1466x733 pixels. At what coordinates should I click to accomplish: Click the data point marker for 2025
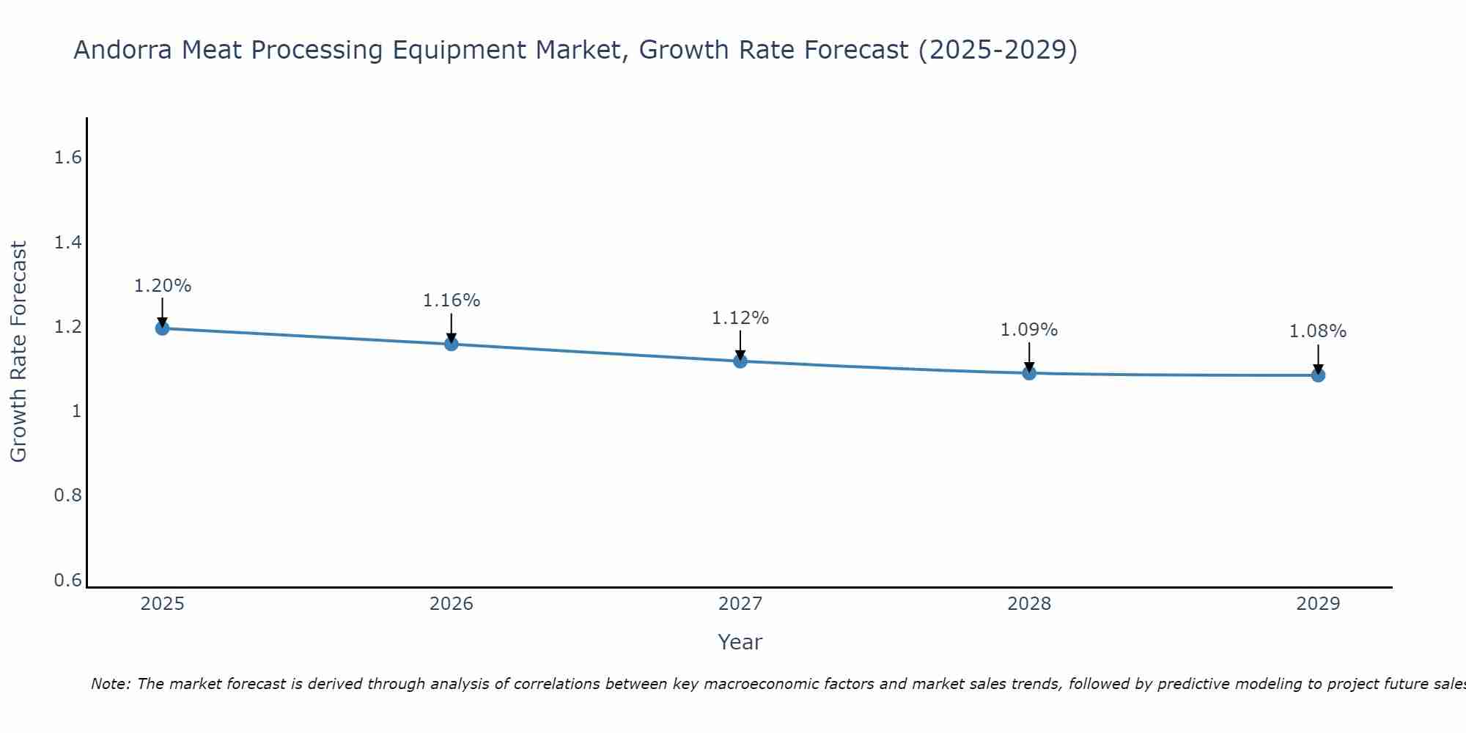coord(162,328)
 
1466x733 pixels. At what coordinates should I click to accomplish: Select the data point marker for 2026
coord(451,344)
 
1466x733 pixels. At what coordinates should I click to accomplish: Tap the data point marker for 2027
coord(740,361)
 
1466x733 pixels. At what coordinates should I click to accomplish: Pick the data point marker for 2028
coord(1029,373)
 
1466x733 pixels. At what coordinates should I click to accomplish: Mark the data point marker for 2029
coord(1318,375)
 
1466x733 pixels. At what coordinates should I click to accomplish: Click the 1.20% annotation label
coord(162,286)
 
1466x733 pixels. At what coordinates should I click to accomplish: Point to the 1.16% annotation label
coord(451,301)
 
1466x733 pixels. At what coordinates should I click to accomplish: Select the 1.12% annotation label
coord(740,318)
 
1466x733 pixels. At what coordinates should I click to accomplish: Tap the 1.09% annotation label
coord(1029,330)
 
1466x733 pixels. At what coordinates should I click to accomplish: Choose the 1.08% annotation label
coord(1318,331)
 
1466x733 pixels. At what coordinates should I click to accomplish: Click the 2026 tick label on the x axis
coord(451,604)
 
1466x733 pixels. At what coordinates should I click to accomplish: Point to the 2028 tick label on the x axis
coord(1029,604)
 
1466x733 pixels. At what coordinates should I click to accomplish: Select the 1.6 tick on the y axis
coord(67,158)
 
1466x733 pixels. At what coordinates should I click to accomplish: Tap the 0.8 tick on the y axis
coord(67,496)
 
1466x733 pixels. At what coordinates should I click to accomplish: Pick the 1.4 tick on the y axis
coord(67,243)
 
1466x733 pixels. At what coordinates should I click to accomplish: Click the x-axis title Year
coord(740,642)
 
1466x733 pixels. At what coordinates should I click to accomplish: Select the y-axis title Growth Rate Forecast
coord(18,352)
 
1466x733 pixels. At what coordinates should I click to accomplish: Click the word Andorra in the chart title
coord(123,50)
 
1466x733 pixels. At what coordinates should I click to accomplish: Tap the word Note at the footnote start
coord(110,684)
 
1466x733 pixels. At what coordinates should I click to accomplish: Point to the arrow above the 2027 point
coord(740,345)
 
